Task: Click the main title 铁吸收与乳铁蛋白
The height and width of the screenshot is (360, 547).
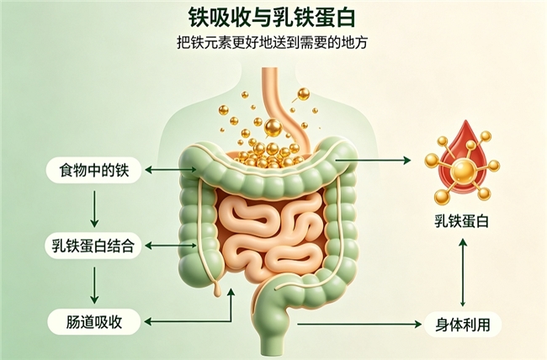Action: tap(272, 18)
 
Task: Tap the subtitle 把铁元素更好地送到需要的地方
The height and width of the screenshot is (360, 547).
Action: tap(272, 43)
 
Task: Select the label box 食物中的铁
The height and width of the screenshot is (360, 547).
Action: tap(94, 170)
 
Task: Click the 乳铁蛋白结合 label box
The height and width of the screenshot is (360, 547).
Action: tap(93, 246)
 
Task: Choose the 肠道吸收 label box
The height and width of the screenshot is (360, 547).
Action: tap(94, 321)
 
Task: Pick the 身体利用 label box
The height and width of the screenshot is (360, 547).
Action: tap(463, 325)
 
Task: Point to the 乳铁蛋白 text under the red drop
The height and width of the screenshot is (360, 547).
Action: tap(461, 221)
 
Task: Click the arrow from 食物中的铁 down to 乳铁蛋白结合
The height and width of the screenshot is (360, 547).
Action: tap(94, 209)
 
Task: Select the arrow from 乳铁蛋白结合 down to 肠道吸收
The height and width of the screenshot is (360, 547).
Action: tap(94, 285)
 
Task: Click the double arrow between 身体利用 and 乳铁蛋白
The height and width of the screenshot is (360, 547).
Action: tap(463, 273)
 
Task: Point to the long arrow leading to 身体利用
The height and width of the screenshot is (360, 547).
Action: tap(359, 324)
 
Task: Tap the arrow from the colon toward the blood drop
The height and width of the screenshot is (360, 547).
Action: tap(373, 160)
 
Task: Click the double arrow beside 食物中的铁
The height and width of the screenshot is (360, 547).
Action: tap(171, 170)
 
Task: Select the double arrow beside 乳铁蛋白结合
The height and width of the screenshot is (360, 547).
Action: tap(171, 246)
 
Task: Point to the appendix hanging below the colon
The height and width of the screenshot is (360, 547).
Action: tap(217, 287)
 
